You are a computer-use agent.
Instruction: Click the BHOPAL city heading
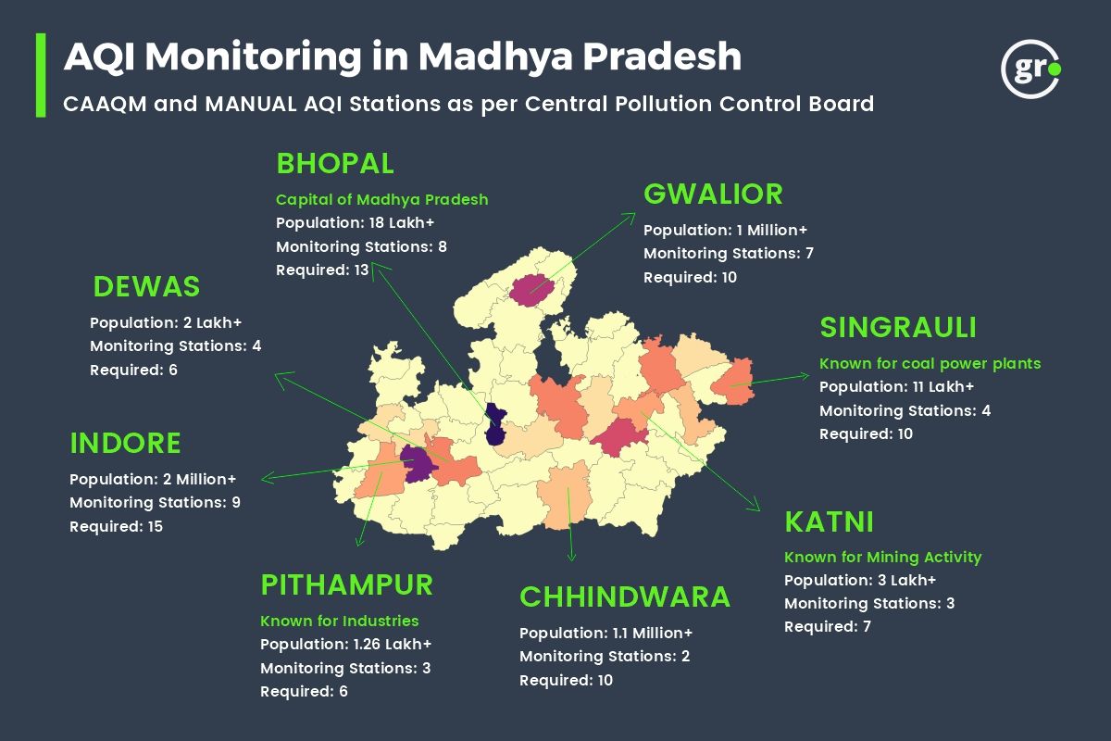tap(335, 164)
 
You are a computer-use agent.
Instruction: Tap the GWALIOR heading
tap(713, 195)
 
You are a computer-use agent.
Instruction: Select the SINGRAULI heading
tap(898, 328)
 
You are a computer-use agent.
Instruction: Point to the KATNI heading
tap(829, 521)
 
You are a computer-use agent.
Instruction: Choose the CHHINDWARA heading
tap(625, 597)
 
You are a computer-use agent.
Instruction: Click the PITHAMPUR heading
tap(346, 585)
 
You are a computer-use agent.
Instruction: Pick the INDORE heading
tap(125, 444)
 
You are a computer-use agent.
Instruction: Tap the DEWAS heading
tap(146, 287)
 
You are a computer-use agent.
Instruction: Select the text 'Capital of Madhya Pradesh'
tap(381, 200)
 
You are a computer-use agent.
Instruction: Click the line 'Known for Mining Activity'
tap(882, 558)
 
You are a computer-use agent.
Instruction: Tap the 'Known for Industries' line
tap(339, 621)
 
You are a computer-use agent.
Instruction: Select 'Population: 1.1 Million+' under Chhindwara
tap(605, 633)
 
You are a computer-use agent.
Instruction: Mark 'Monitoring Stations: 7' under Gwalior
tap(728, 254)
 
